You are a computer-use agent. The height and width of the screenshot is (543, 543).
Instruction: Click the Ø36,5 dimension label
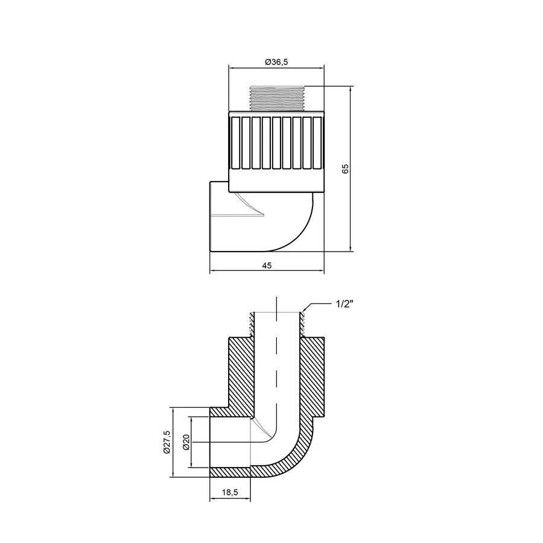tap(276, 62)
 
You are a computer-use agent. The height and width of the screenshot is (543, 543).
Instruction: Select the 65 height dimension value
tap(345, 168)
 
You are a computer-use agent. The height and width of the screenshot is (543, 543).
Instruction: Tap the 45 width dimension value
tap(267, 265)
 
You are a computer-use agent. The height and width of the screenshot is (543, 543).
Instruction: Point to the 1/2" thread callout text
tap(343, 304)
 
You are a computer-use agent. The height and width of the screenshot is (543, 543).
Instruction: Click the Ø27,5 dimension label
tap(167, 442)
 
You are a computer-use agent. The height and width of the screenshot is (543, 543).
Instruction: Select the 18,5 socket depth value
tap(230, 493)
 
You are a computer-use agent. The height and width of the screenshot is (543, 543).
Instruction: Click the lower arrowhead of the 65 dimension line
tap(351, 247)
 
